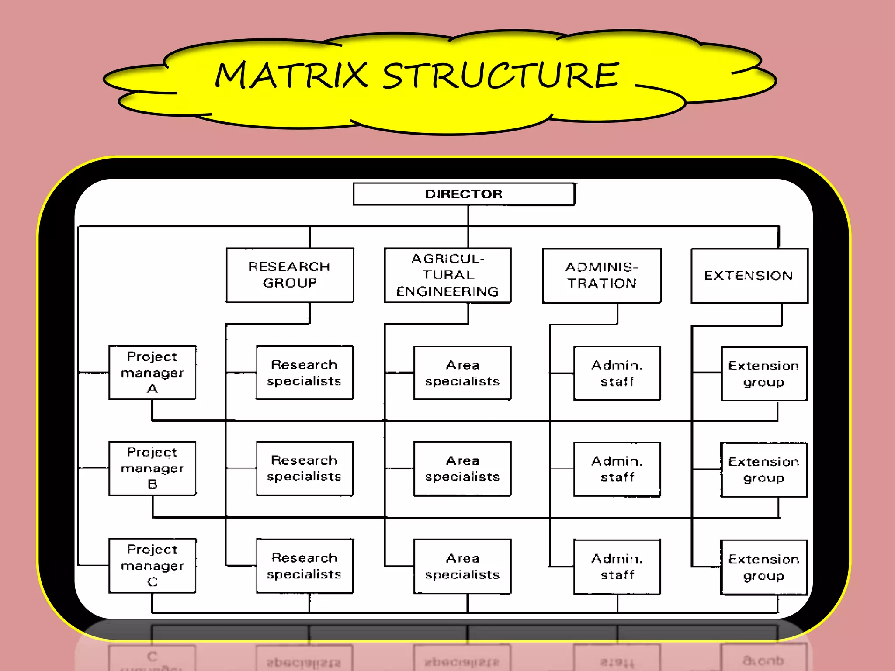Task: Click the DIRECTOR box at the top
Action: [464, 194]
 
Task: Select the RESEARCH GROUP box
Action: [289, 275]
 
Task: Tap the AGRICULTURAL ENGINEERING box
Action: [447, 275]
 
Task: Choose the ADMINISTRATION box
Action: [601, 275]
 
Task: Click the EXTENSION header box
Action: [749, 276]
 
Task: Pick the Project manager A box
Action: [152, 372]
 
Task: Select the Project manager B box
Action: [152, 468]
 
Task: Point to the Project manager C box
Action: [152, 565]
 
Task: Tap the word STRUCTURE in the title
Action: [501, 76]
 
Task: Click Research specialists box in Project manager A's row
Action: [304, 373]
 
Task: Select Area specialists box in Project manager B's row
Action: [462, 468]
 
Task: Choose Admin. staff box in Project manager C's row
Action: [617, 567]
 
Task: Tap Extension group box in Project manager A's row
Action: [763, 374]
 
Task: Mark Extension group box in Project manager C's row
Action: [763, 567]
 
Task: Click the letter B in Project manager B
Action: [153, 484]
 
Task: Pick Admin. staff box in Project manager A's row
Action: [617, 373]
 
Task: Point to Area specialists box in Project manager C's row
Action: [462, 566]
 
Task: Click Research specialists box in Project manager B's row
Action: [304, 468]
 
